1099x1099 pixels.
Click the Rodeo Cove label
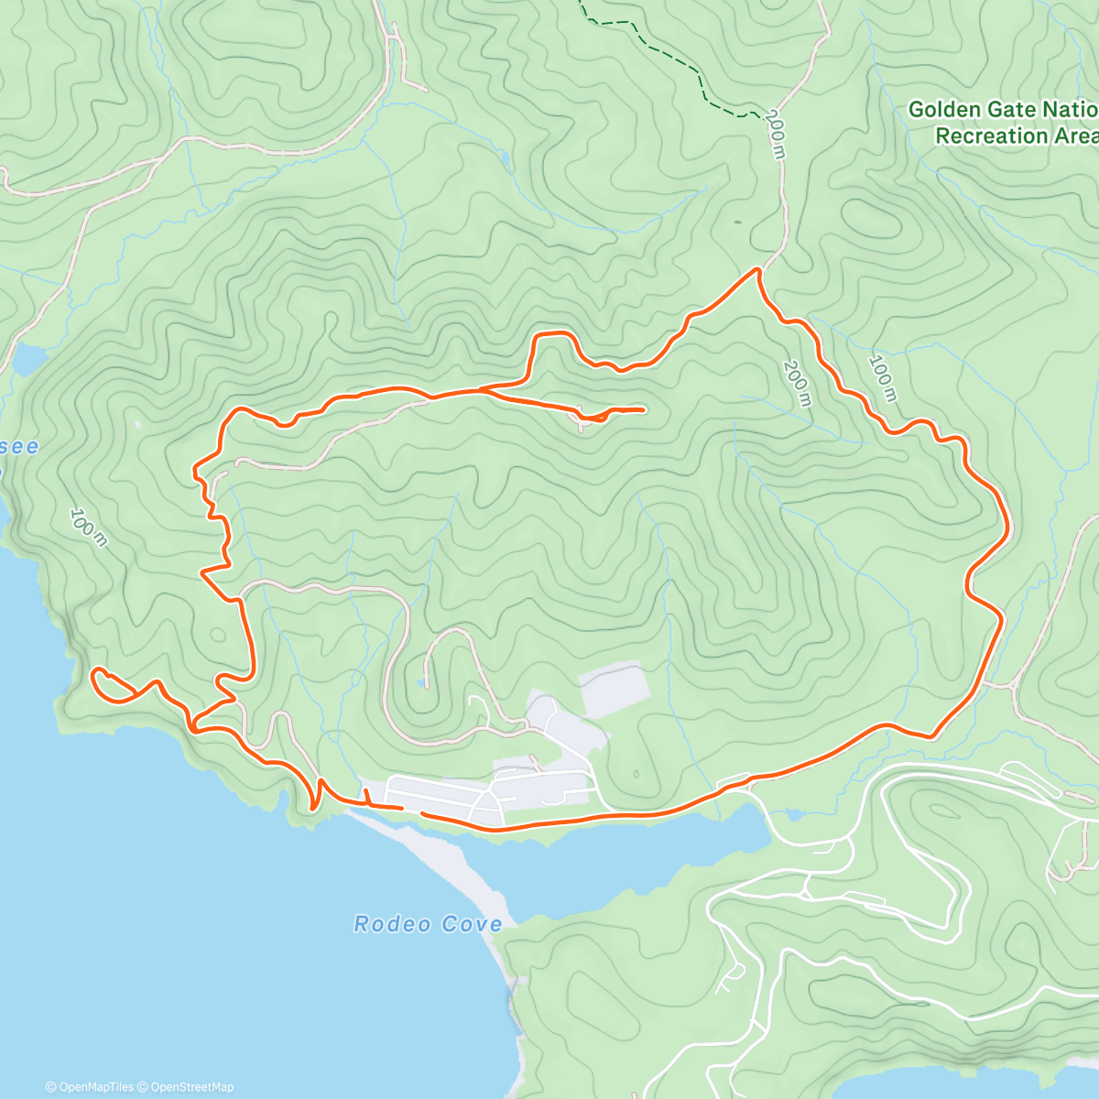(x=428, y=924)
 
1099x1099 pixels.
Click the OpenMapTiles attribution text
(x=90, y=1087)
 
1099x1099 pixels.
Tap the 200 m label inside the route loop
(x=796, y=383)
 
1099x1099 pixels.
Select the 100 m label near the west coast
(x=88, y=528)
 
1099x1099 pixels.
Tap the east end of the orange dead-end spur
(x=643, y=409)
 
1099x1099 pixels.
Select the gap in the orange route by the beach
(x=412, y=811)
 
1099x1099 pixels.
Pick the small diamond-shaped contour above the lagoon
(x=636, y=775)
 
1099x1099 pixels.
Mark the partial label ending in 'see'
(x=20, y=446)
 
